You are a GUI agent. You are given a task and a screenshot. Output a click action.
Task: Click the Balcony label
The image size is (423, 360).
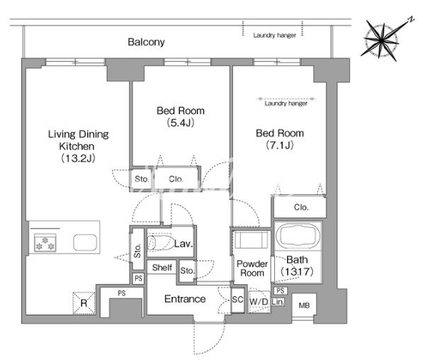point(146,42)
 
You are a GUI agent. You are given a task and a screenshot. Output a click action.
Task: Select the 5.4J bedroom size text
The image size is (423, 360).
point(181,123)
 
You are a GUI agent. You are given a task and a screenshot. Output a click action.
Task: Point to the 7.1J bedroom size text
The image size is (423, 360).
point(280,145)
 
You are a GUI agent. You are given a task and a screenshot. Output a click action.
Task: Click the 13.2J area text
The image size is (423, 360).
point(78,158)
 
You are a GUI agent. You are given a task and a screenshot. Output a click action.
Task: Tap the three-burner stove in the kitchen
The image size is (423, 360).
point(45,242)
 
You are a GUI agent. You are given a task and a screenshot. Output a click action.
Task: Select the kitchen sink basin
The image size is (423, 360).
point(85,242)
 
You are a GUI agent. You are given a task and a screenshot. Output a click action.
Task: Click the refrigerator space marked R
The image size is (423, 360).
point(84,303)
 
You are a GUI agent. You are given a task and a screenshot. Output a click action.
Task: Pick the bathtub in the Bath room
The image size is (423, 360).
point(298,235)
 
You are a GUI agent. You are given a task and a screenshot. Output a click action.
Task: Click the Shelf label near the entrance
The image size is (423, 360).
point(162,267)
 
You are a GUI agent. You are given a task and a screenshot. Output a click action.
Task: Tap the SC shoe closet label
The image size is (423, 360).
point(237,300)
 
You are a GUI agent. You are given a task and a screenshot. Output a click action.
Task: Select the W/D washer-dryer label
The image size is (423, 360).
point(259,302)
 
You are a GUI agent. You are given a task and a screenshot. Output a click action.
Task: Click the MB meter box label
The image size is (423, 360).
point(304,305)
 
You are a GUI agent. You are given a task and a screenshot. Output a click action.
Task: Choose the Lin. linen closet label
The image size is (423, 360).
point(278,302)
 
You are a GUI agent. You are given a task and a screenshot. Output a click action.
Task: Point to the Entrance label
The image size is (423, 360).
point(185,299)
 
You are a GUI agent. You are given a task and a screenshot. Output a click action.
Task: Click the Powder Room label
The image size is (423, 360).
point(252,269)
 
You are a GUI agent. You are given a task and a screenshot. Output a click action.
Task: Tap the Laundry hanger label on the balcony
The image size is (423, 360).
point(275,35)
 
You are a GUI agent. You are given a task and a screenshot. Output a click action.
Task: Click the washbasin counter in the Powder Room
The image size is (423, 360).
point(252,239)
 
